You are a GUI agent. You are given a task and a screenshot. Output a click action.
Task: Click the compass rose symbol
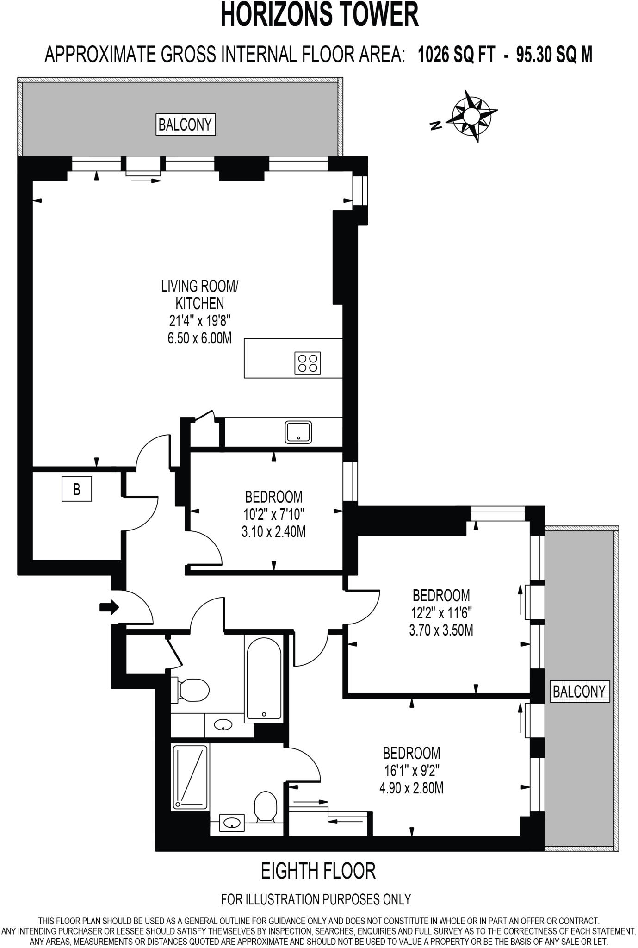click(x=471, y=116)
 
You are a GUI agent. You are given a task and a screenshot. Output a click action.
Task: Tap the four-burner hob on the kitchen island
click(x=308, y=363)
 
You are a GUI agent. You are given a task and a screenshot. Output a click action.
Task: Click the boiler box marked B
click(x=77, y=489)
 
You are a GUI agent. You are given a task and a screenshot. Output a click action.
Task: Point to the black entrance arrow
click(x=109, y=607)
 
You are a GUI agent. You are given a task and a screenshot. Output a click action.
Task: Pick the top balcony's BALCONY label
click(x=185, y=125)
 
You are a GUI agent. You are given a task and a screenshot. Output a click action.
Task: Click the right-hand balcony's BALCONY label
click(x=579, y=692)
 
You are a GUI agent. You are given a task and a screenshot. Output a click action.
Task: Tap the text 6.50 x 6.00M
click(x=199, y=338)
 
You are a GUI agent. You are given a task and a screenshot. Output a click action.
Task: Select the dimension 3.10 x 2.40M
click(x=273, y=532)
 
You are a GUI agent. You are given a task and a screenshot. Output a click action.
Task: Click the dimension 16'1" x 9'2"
click(x=411, y=771)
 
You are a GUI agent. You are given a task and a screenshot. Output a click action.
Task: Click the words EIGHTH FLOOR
click(x=318, y=871)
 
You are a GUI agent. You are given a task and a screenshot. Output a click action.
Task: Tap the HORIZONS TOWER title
click(x=319, y=15)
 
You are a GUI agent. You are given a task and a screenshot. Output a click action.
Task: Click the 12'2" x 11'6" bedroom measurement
click(x=441, y=613)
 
